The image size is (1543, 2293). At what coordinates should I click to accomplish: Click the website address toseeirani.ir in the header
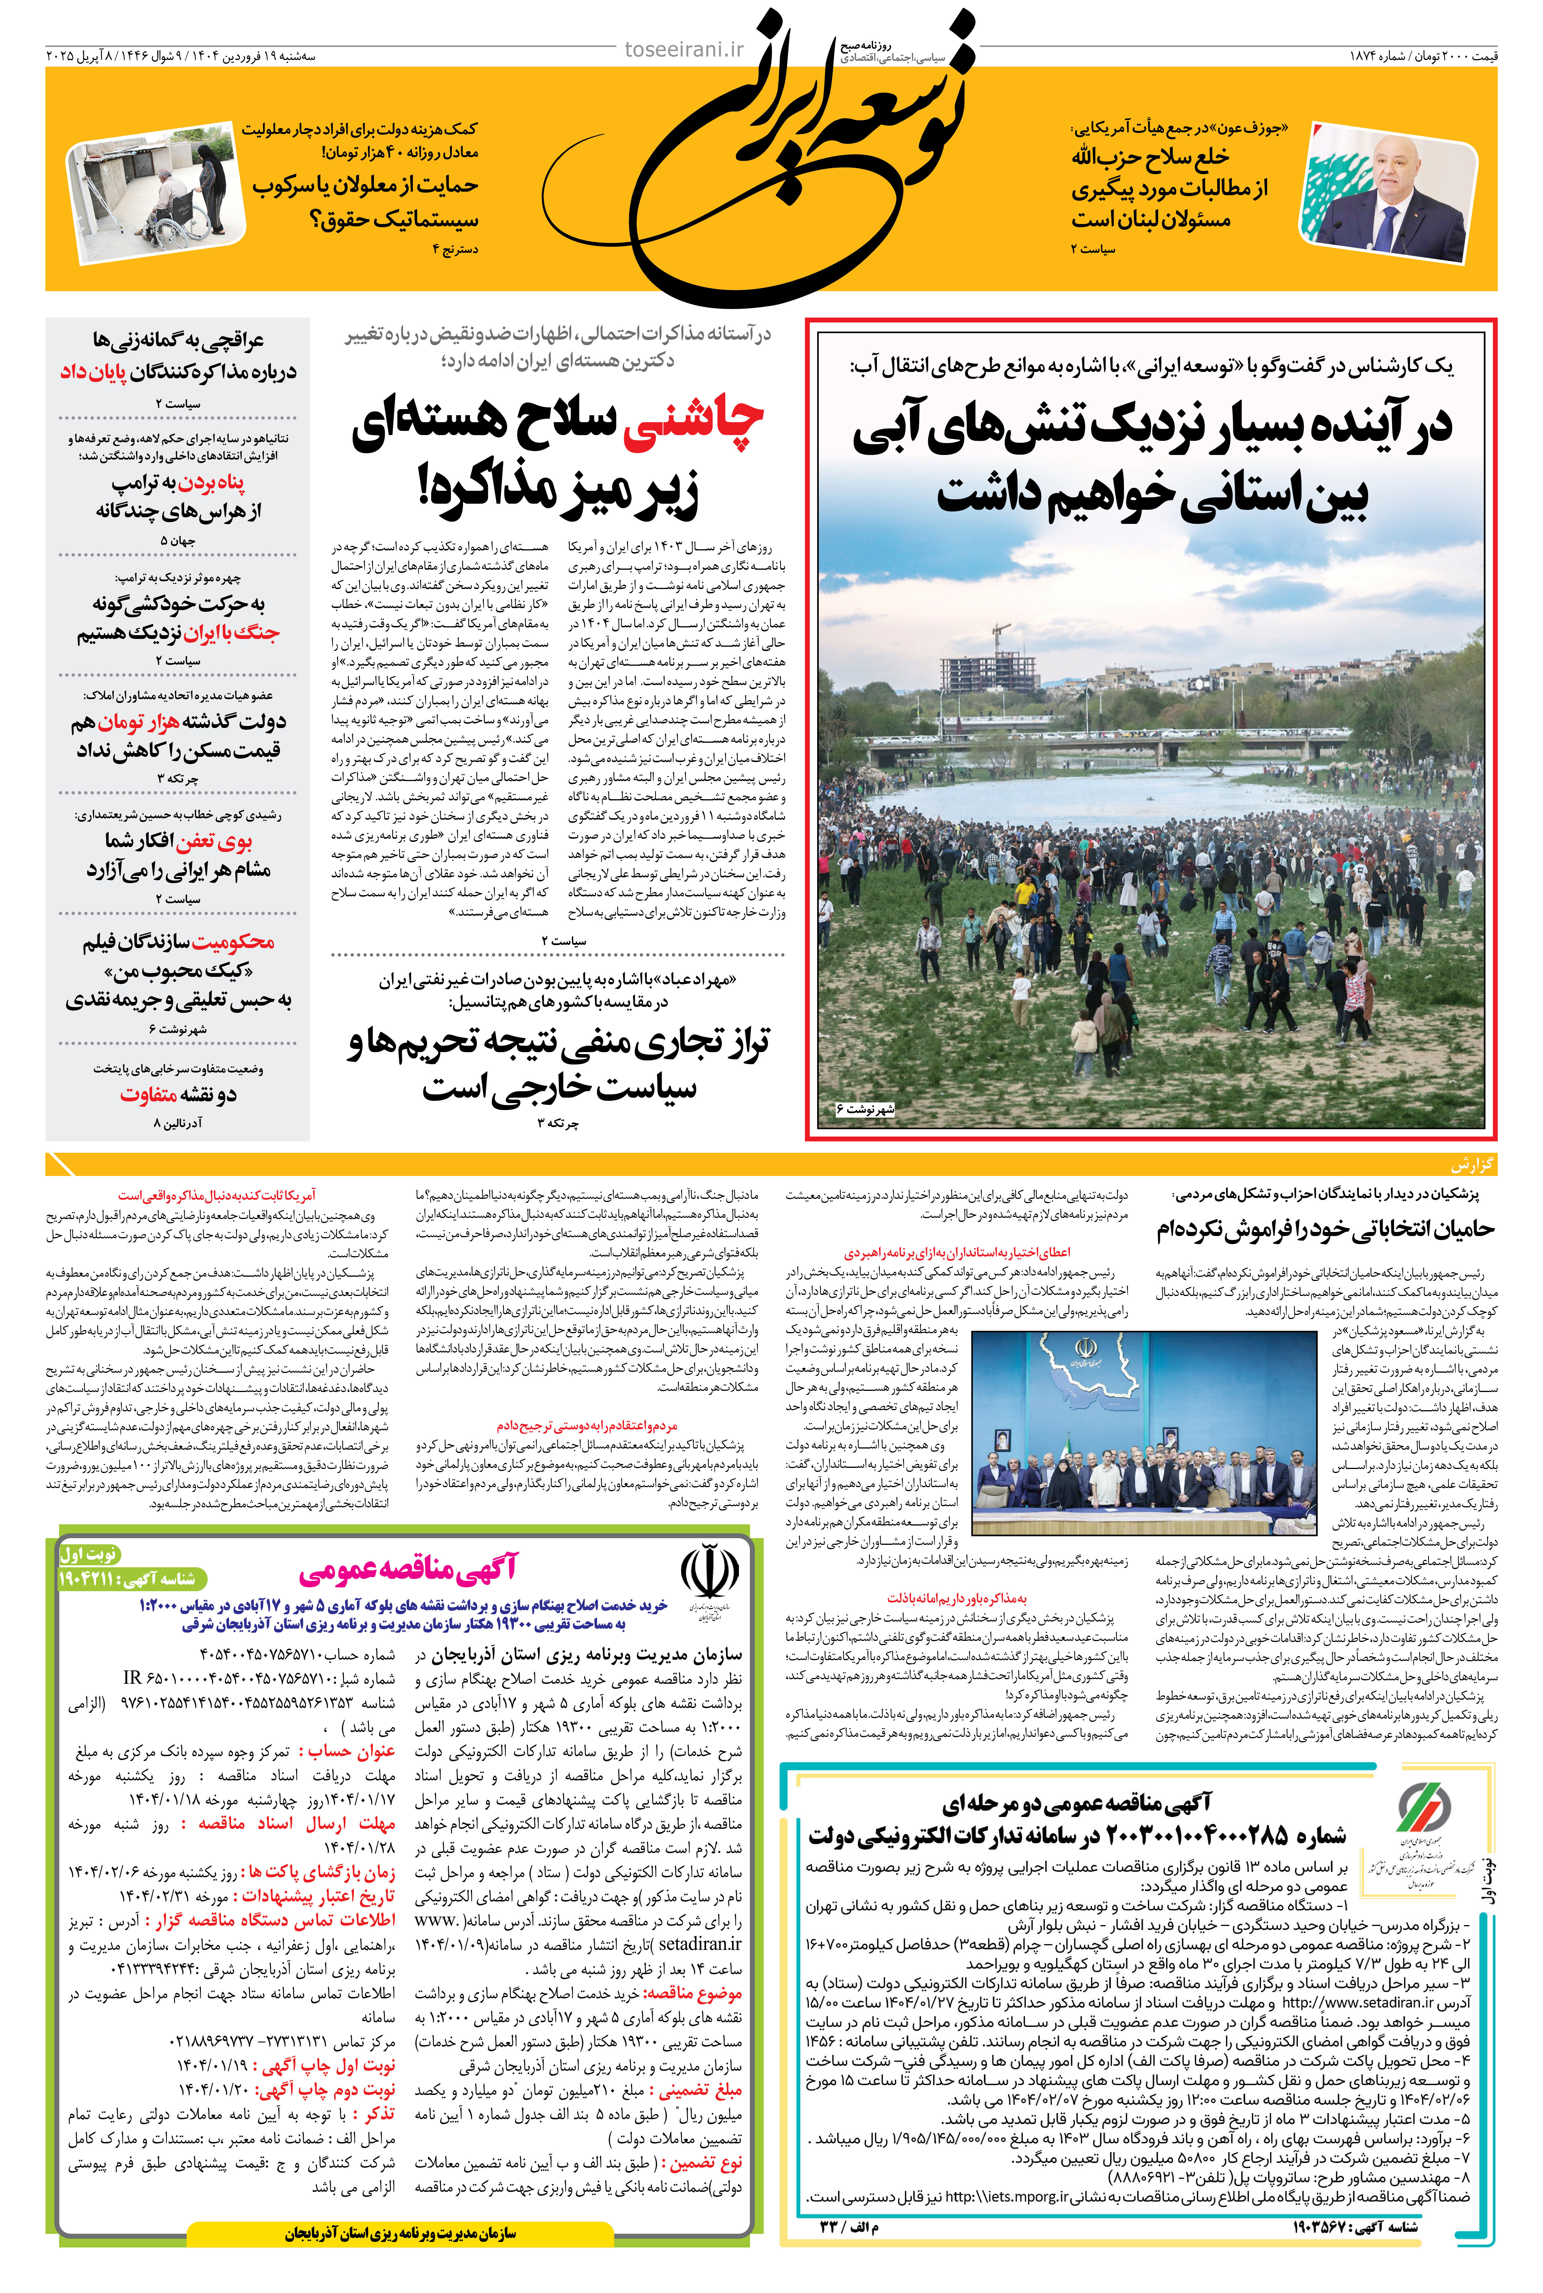coord(685,49)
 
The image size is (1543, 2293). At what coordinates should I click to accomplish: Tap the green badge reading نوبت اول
coord(88,1555)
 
